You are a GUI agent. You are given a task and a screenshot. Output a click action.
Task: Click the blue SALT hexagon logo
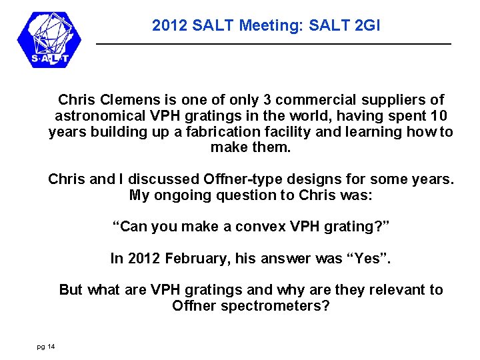coord(49,39)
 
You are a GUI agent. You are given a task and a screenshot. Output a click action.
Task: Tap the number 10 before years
coord(442,116)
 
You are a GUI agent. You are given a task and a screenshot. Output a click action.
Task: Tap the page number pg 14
coord(46,346)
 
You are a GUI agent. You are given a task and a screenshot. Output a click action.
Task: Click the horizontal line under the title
coord(273,44)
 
